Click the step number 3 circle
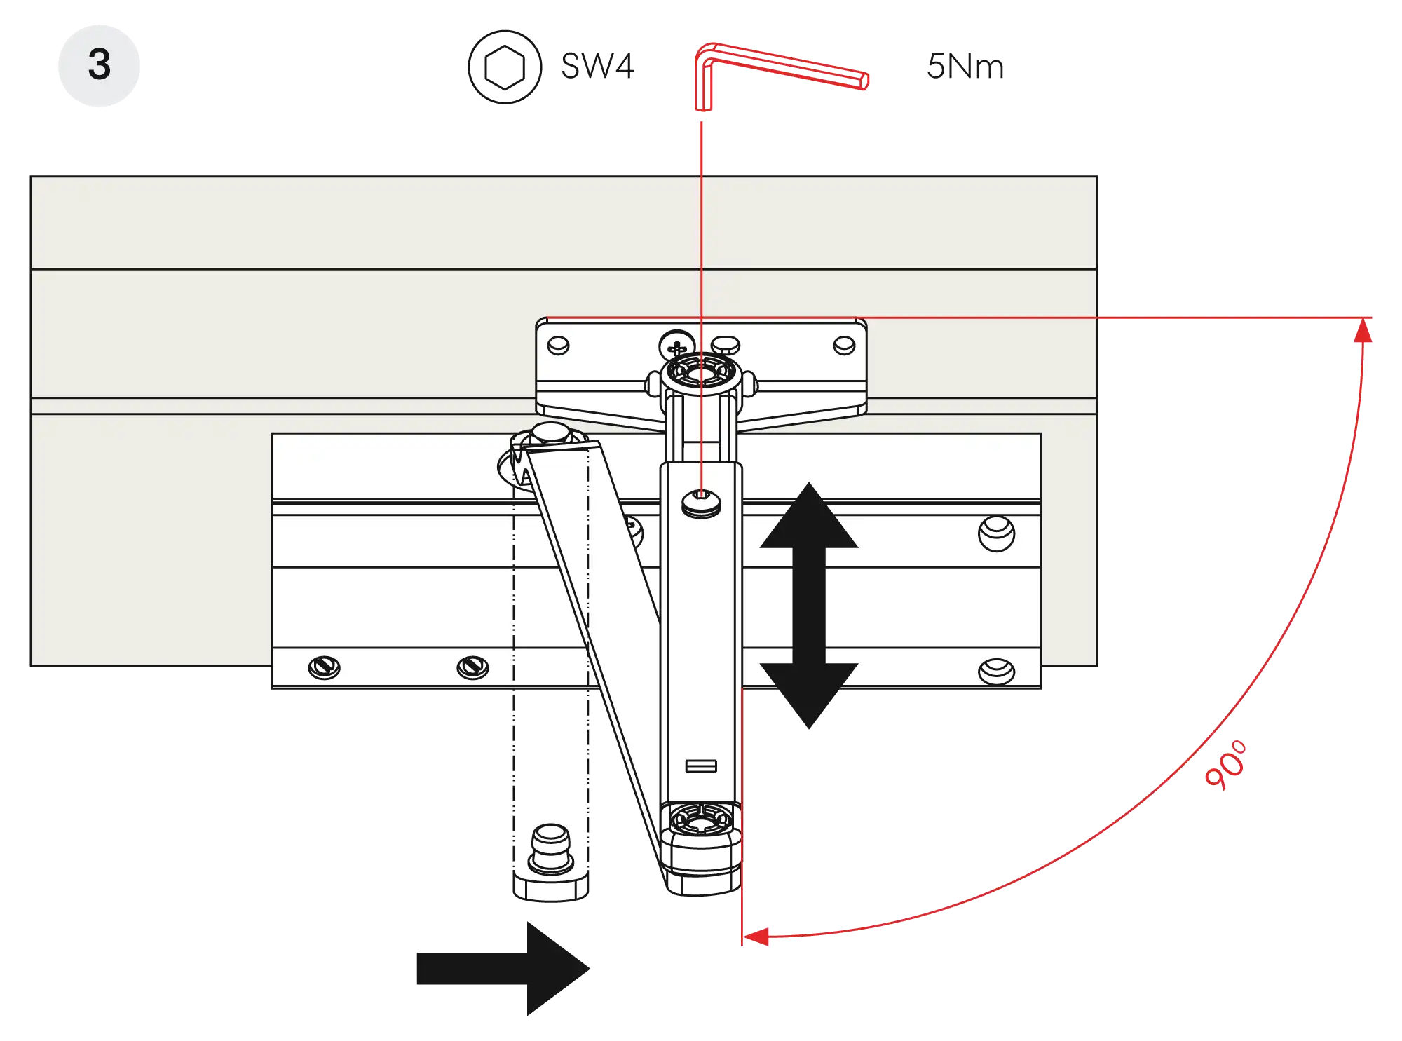[x=99, y=64]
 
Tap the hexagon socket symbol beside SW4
[x=504, y=67]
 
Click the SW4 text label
[x=598, y=67]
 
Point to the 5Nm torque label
[x=964, y=67]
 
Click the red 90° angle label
[x=1227, y=765]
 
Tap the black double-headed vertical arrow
[x=809, y=605]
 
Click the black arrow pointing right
[x=502, y=969]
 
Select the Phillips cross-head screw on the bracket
[x=675, y=347]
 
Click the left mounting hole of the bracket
[x=558, y=346]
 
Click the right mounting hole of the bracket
[x=844, y=345]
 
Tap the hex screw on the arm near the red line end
[x=700, y=502]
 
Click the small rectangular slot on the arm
[x=700, y=766]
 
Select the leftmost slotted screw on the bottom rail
[x=325, y=667]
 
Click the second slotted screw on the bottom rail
[x=472, y=667]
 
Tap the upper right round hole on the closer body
[x=996, y=533]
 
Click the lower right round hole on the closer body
[x=995, y=670]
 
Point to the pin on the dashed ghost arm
[x=551, y=850]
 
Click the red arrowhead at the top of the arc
[x=1363, y=330]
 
